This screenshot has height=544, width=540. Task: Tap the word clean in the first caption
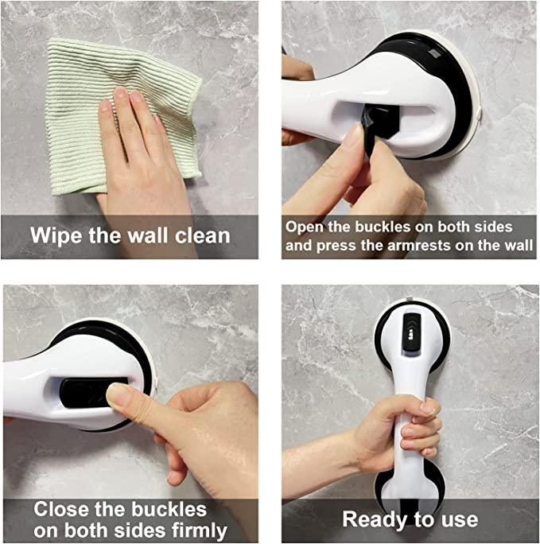(203, 236)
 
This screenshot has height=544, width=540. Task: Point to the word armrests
(418, 246)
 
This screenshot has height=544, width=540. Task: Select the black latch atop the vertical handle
(412, 332)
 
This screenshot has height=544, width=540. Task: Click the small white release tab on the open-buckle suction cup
(479, 113)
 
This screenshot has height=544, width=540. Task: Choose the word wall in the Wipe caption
(149, 236)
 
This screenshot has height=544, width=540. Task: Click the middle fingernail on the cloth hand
(120, 92)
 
